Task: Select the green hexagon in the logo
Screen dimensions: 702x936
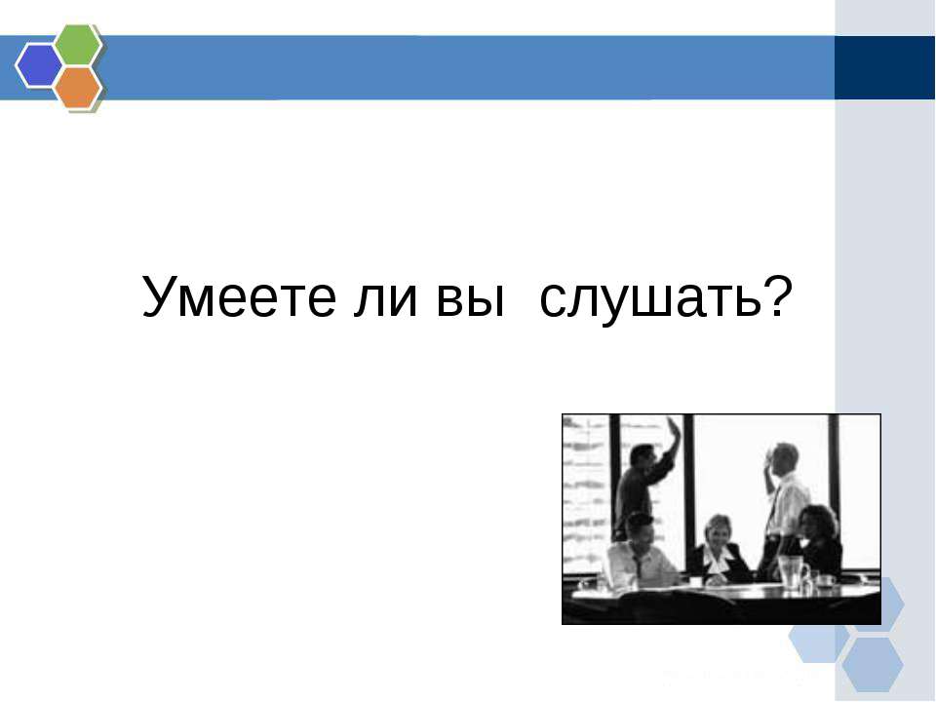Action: [x=78, y=43]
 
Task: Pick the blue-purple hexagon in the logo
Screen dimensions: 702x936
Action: [x=39, y=65]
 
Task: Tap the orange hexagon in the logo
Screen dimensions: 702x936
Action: [x=78, y=88]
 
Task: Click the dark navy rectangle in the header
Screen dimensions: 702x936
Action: [x=884, y=67]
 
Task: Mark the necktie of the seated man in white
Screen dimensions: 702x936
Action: [x=638, y=565]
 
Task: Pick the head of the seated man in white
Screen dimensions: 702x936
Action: [x=639, y=528]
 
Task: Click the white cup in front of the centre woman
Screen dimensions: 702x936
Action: [x=696, y=581]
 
